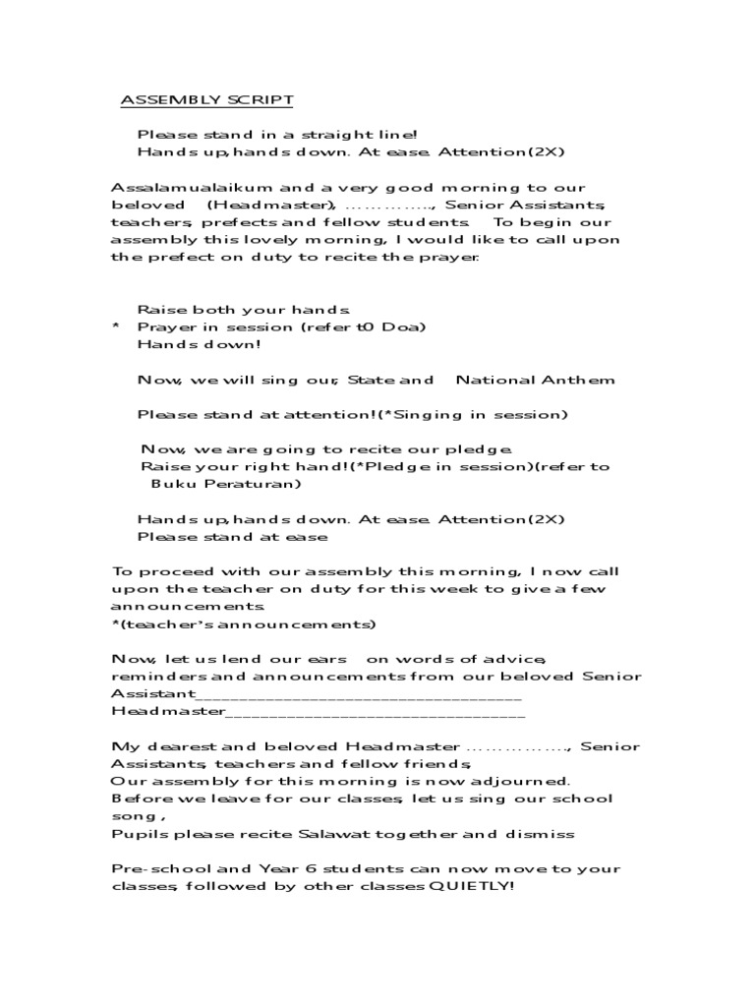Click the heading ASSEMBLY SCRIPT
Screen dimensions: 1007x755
tap(206, 100)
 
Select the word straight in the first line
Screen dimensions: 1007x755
tap(301, 135)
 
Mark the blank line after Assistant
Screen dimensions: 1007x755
tap(359, 694)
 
